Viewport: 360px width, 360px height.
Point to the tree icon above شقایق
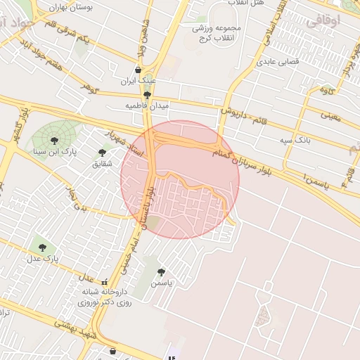tap(103, 152)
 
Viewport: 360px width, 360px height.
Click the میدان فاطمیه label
tap(147, 105)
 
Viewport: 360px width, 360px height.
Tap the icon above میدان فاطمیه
tap(147, 94)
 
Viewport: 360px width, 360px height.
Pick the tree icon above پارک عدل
tap(44, 247)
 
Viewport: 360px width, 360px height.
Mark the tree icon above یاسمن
tap(162, 271)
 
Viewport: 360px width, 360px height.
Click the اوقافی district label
tap(323, 21)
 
